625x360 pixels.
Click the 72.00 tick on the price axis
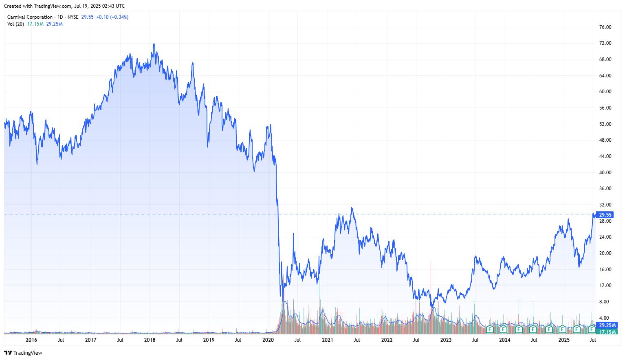[605, 43]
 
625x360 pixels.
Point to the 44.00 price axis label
[605, 156]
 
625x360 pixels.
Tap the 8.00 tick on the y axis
[605, 302]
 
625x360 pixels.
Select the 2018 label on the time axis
[150, 340]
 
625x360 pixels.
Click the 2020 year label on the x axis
[268, 340]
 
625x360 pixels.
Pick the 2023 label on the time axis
[446, 340]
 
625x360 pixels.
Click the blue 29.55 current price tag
[605, 215]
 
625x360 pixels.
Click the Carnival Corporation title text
[30, 17]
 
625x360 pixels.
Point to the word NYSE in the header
[73, 17]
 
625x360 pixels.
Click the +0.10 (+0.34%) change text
[112, 17]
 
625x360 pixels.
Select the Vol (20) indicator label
[15, 24]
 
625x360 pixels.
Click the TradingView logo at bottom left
[24, 353]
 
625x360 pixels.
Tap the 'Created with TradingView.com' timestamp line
[64, 6]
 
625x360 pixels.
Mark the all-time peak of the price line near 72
[154, 44]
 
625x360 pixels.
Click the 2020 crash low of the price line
[281, 296]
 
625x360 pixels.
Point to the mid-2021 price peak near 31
[352, 208]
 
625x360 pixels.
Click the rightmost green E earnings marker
[591, 329]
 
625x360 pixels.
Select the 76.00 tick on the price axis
[605, 27]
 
